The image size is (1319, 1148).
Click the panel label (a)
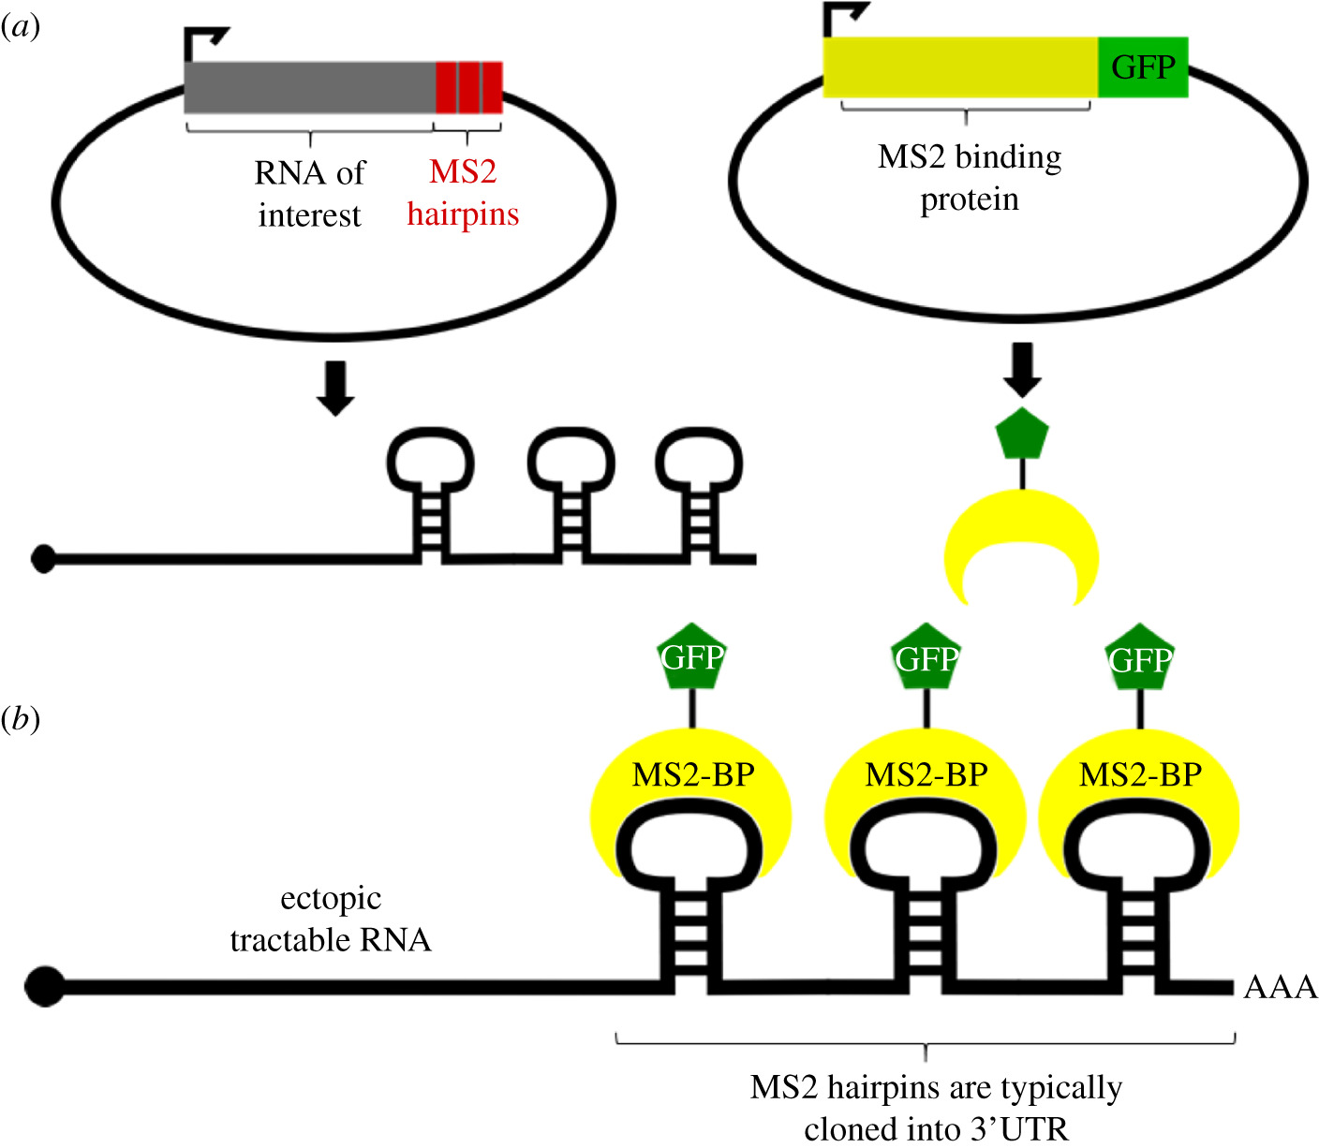21,27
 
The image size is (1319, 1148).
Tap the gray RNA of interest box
309,87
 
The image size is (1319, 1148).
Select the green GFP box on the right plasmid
1143,67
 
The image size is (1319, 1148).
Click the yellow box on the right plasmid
960,67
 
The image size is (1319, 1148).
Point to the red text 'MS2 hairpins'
463,193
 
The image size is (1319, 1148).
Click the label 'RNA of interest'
309,194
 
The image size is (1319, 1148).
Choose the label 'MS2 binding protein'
970,178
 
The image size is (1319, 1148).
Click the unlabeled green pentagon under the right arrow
1022,434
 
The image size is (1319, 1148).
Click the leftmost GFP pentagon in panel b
692,657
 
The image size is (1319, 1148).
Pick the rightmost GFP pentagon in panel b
1140,658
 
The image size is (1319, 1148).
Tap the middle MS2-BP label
926,775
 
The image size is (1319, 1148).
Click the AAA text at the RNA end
1280,987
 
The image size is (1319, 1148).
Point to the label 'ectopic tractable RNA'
331,919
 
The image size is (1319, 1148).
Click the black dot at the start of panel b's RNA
44,986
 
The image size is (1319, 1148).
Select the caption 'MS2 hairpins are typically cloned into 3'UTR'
936,1108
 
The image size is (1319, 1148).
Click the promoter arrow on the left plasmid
204,42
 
